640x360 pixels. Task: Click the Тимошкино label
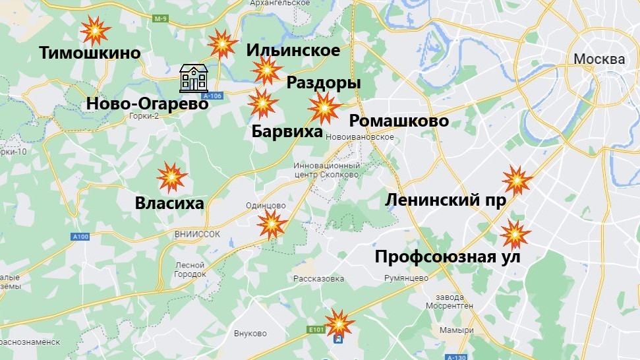90,53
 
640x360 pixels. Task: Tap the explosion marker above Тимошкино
96,30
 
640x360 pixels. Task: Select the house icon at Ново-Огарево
194,78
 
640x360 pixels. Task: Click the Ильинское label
293,50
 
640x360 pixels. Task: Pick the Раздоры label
324,84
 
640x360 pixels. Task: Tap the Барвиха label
287,131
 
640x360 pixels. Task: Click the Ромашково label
399,121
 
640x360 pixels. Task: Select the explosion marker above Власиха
171,177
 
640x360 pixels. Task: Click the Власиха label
169,204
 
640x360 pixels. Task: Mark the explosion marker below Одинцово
272,225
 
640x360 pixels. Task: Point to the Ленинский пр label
446,200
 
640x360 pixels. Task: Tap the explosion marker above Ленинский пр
516,180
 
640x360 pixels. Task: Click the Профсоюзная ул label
448,256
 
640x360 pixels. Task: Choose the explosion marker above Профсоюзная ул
515,234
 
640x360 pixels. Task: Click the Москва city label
598,59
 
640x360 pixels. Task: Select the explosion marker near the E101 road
339,322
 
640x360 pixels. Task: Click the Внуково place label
250,333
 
